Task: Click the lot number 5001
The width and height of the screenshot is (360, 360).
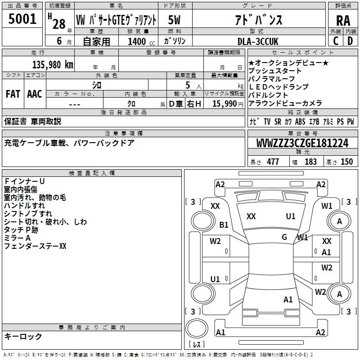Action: (x=22, y=19)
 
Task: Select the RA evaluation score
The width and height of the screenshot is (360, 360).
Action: (x=343, y=21)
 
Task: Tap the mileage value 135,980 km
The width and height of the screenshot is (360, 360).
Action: (x=53, y=65)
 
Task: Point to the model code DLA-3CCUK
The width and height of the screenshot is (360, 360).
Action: (x=258, y=41)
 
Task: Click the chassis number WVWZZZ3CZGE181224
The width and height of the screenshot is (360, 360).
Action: (x=302, y=143)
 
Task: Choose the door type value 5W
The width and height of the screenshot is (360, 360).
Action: (x=174, y=20)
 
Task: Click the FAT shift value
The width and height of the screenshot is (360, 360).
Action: (x=13, y=94)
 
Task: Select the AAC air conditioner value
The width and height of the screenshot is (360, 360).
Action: (x=35, y=94)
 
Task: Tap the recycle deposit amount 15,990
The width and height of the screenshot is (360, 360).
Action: (x=224, y=104)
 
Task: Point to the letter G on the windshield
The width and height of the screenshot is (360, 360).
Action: (x=284, y=237)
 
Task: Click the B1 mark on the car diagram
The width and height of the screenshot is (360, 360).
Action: (x=224, y=225)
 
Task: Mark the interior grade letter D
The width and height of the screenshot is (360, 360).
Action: (x=350, y=41)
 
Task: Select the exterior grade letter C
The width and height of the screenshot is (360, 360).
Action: (x=336, y=41)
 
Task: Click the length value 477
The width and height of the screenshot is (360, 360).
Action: (x=273, y=162)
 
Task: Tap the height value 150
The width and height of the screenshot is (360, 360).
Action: (x=346, y=162)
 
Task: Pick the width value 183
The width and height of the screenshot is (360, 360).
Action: (x=310, y=162)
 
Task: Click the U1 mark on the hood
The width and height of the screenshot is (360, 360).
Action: (x=291, y=216)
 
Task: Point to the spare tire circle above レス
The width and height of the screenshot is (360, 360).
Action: (x=197, y=328)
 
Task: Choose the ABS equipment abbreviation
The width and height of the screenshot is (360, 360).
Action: (x=300, y=121)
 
